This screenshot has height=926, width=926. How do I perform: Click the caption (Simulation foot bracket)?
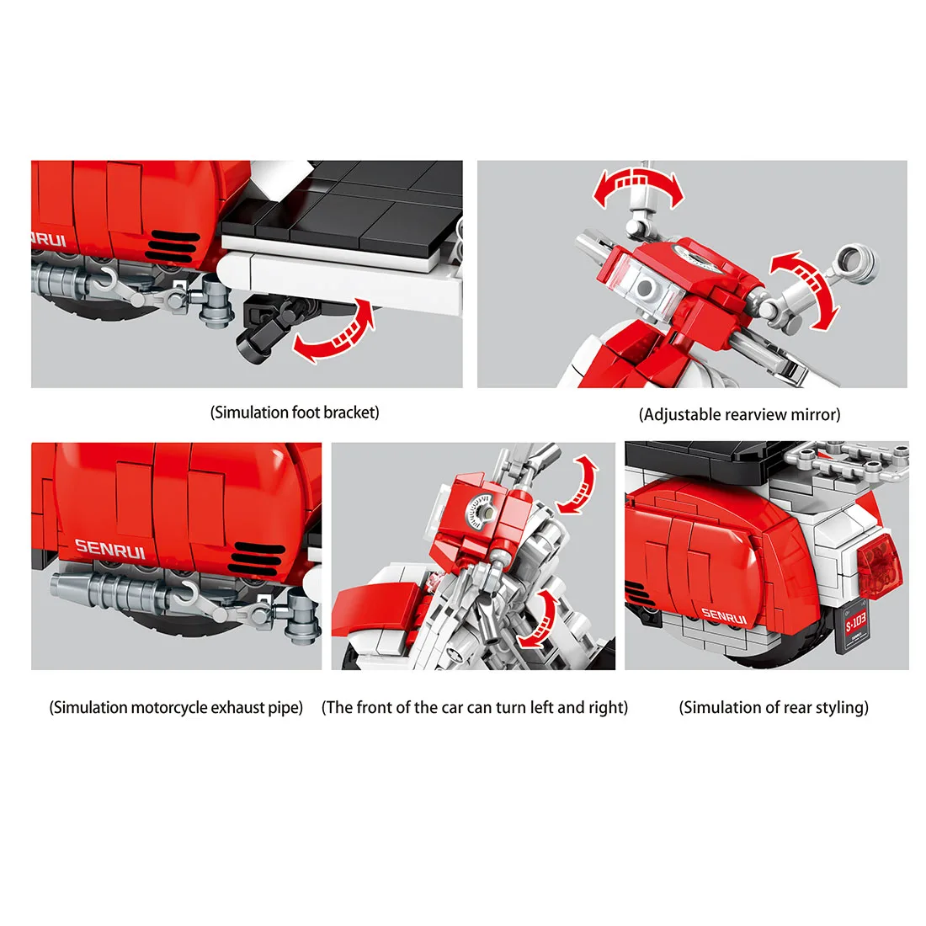(x=295, y=412)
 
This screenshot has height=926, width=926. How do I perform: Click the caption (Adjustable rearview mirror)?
(x=739, y=414)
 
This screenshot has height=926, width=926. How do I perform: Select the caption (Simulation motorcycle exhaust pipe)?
(x=176, y=707)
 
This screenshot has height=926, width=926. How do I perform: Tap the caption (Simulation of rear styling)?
(x=774, y=707)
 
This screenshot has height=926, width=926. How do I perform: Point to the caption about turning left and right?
(x=475, y=707)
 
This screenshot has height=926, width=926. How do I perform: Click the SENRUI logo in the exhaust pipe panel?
(x=110, y=548)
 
